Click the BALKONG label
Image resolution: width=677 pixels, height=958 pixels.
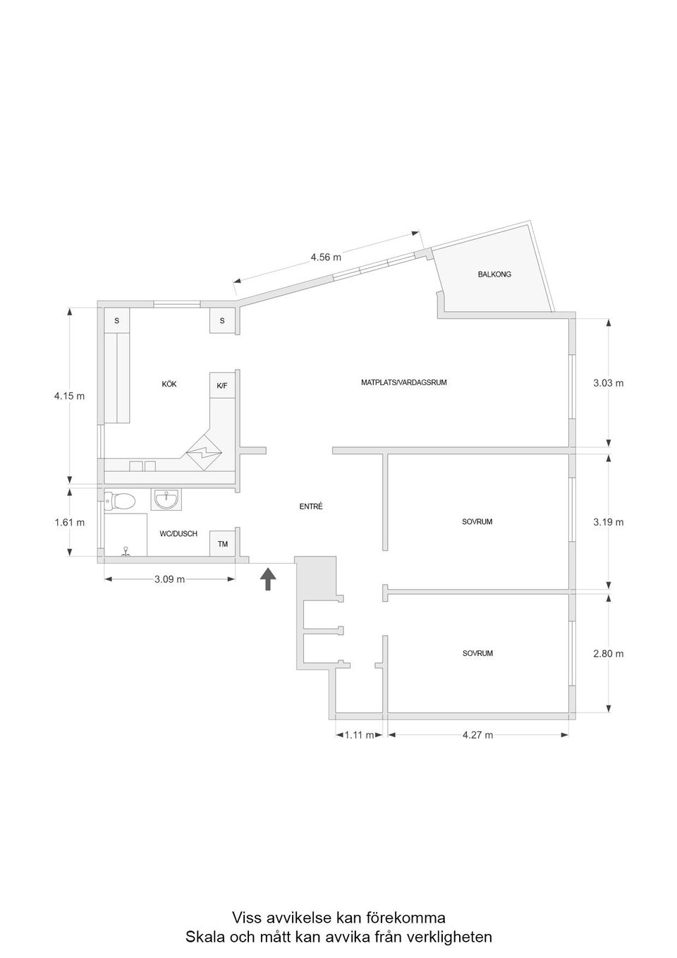[494, 274]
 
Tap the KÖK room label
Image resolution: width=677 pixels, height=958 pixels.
[169, 384]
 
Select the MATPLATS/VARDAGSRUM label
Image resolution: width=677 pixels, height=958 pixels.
[403, 383]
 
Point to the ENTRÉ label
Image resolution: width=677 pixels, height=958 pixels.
[311, 507]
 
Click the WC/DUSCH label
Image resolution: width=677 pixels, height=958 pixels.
[178, 534]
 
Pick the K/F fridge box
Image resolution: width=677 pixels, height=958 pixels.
[222, 386]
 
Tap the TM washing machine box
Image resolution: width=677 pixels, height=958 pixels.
[222, 544]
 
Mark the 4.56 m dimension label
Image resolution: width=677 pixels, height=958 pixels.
[326, 257]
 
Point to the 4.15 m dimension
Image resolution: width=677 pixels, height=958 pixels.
[69, 396]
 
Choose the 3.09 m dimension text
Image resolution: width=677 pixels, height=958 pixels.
[170, 579]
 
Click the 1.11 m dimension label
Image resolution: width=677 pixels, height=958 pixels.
[359, 735]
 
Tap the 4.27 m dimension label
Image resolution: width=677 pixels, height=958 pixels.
[477, 735]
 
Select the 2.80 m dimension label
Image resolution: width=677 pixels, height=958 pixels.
[609, 654]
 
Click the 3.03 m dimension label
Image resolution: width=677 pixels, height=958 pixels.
[609, 384]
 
